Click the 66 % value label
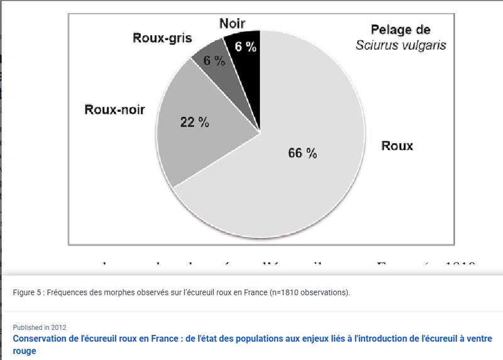click(302, 153)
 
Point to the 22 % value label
click(194, 123)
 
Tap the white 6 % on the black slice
click(245, 46)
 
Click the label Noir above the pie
click(232, 23)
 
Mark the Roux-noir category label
click(114, 109)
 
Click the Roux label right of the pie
click(397, 146)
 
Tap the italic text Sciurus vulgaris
click(401, 45)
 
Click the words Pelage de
click(400, 29)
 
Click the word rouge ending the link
click(25, 351)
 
